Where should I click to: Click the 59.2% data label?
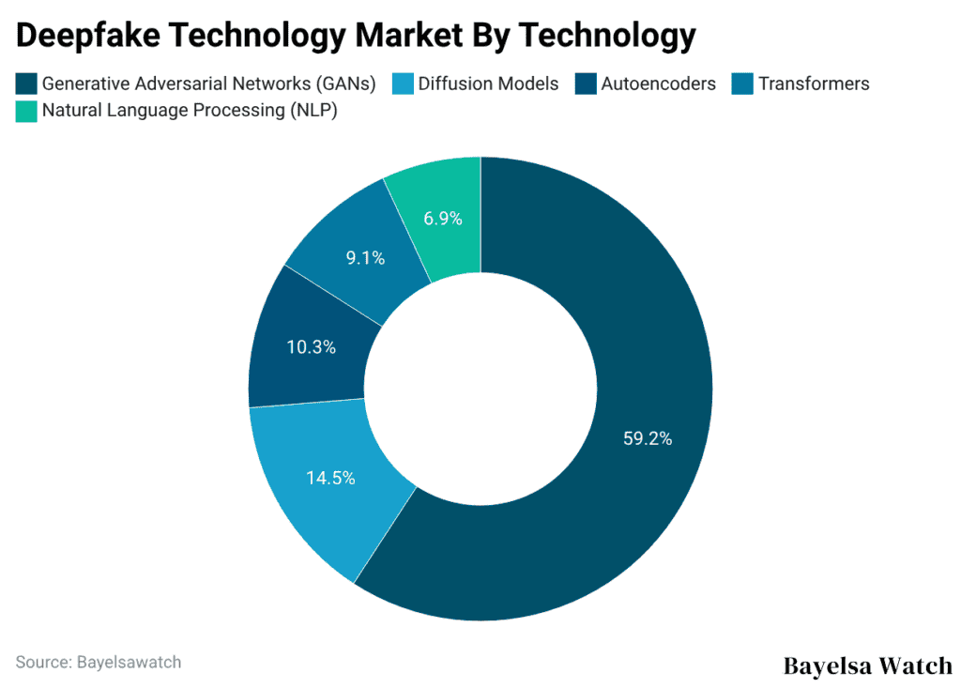648,437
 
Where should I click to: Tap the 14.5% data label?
330,478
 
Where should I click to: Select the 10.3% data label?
311,346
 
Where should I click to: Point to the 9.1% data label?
365,257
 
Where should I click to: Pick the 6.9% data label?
443,219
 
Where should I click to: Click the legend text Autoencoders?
659,84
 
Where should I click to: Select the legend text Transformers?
814,84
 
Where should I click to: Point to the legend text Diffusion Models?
488,84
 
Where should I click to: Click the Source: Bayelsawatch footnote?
99,662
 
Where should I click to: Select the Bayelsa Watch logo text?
867,665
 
